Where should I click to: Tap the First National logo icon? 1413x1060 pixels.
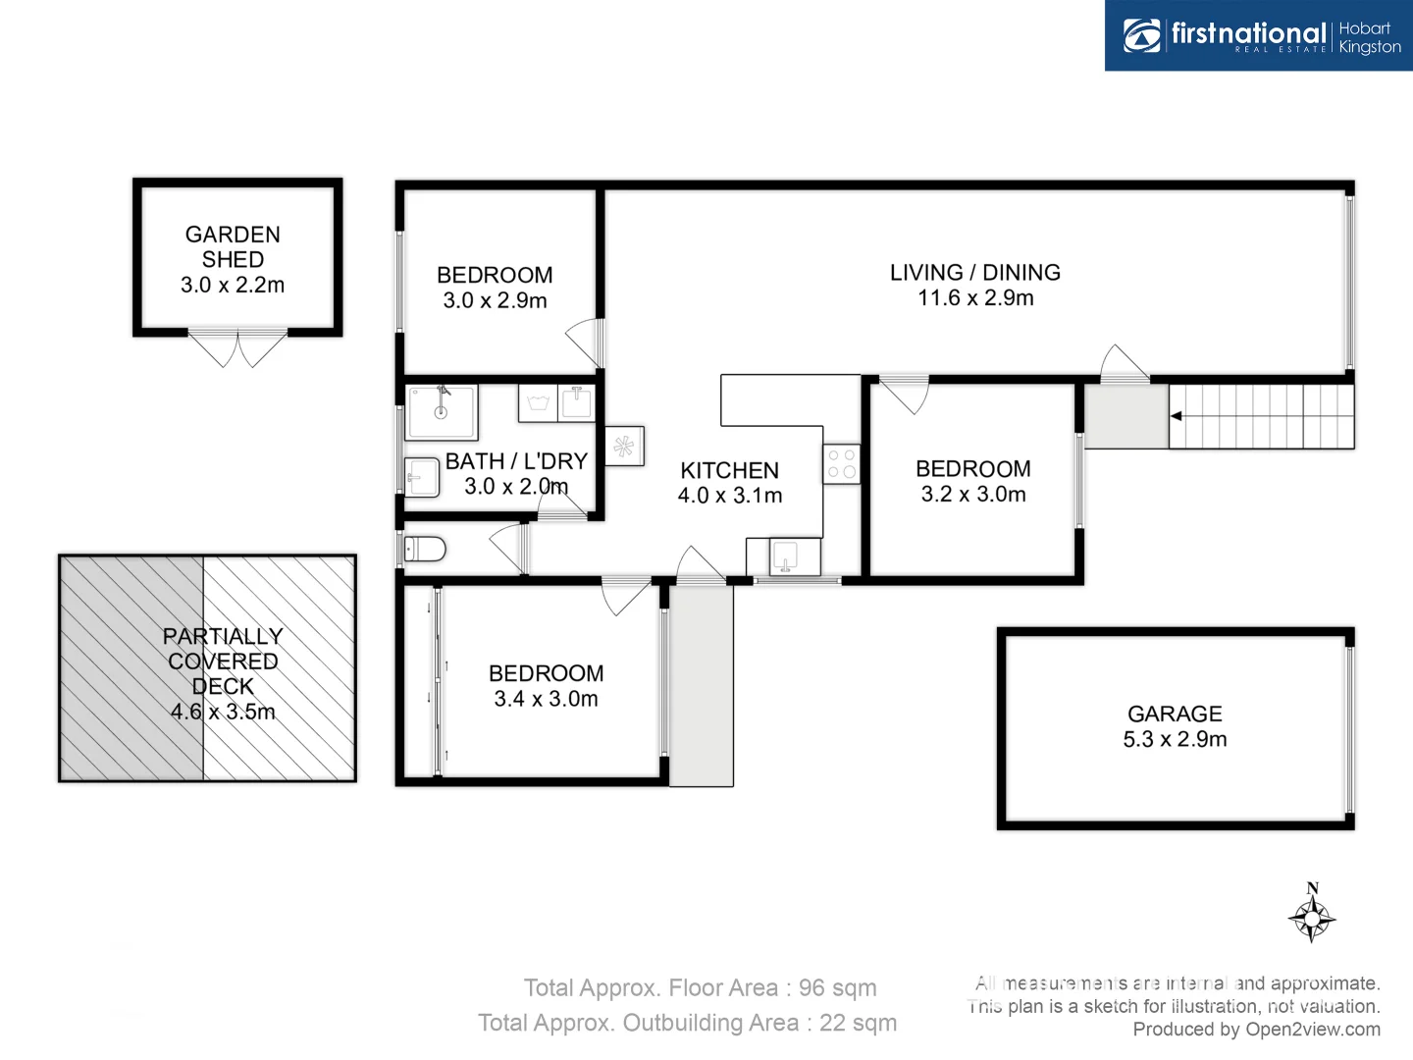click(1141, 36)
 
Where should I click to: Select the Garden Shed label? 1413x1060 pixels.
click(233, 259)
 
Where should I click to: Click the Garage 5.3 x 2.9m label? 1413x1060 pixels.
click(1175, 726)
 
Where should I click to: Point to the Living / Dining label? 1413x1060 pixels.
click(974, 285)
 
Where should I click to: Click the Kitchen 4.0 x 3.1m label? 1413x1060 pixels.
click(730, 483)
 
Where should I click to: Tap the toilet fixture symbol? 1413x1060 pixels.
click(426, 549)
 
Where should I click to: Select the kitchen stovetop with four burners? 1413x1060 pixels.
click(841, 463)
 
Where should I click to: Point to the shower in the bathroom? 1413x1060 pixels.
click(442, 411)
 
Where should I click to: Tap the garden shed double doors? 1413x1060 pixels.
click(237, 348)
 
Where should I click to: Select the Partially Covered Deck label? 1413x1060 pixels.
click(223, 673)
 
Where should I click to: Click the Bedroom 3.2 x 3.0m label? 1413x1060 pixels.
click(972, 481)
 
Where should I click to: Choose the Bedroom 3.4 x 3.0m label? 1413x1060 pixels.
click(546, 685)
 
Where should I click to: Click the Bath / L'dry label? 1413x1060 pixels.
click(516, 473)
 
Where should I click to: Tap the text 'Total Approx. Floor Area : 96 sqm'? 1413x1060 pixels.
click(700, 987)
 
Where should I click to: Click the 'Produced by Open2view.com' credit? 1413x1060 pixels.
click(1256, 1029)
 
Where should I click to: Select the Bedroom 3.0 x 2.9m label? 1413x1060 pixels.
click(495, 288)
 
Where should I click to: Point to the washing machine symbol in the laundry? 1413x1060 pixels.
click(538, 402)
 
